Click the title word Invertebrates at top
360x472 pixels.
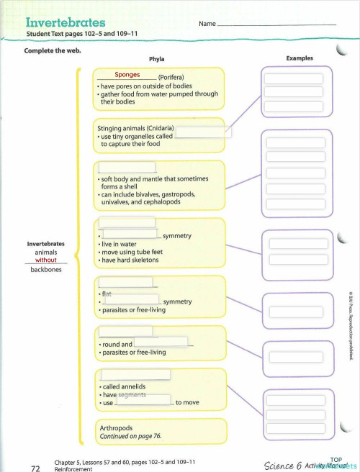click(x=66, y=22)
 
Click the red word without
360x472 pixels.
click(x=45, y=260)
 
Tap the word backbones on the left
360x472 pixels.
click(x=45, y=270)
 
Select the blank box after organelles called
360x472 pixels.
click(x=204, y=132)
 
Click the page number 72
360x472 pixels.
click(x=35, y=468)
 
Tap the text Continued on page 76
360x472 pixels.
click(x=130, y=436)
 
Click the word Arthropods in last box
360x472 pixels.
click(x=116, y=427)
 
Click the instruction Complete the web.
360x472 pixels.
click(x=53, y=50)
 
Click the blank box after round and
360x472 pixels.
click(x=161, y=342)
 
